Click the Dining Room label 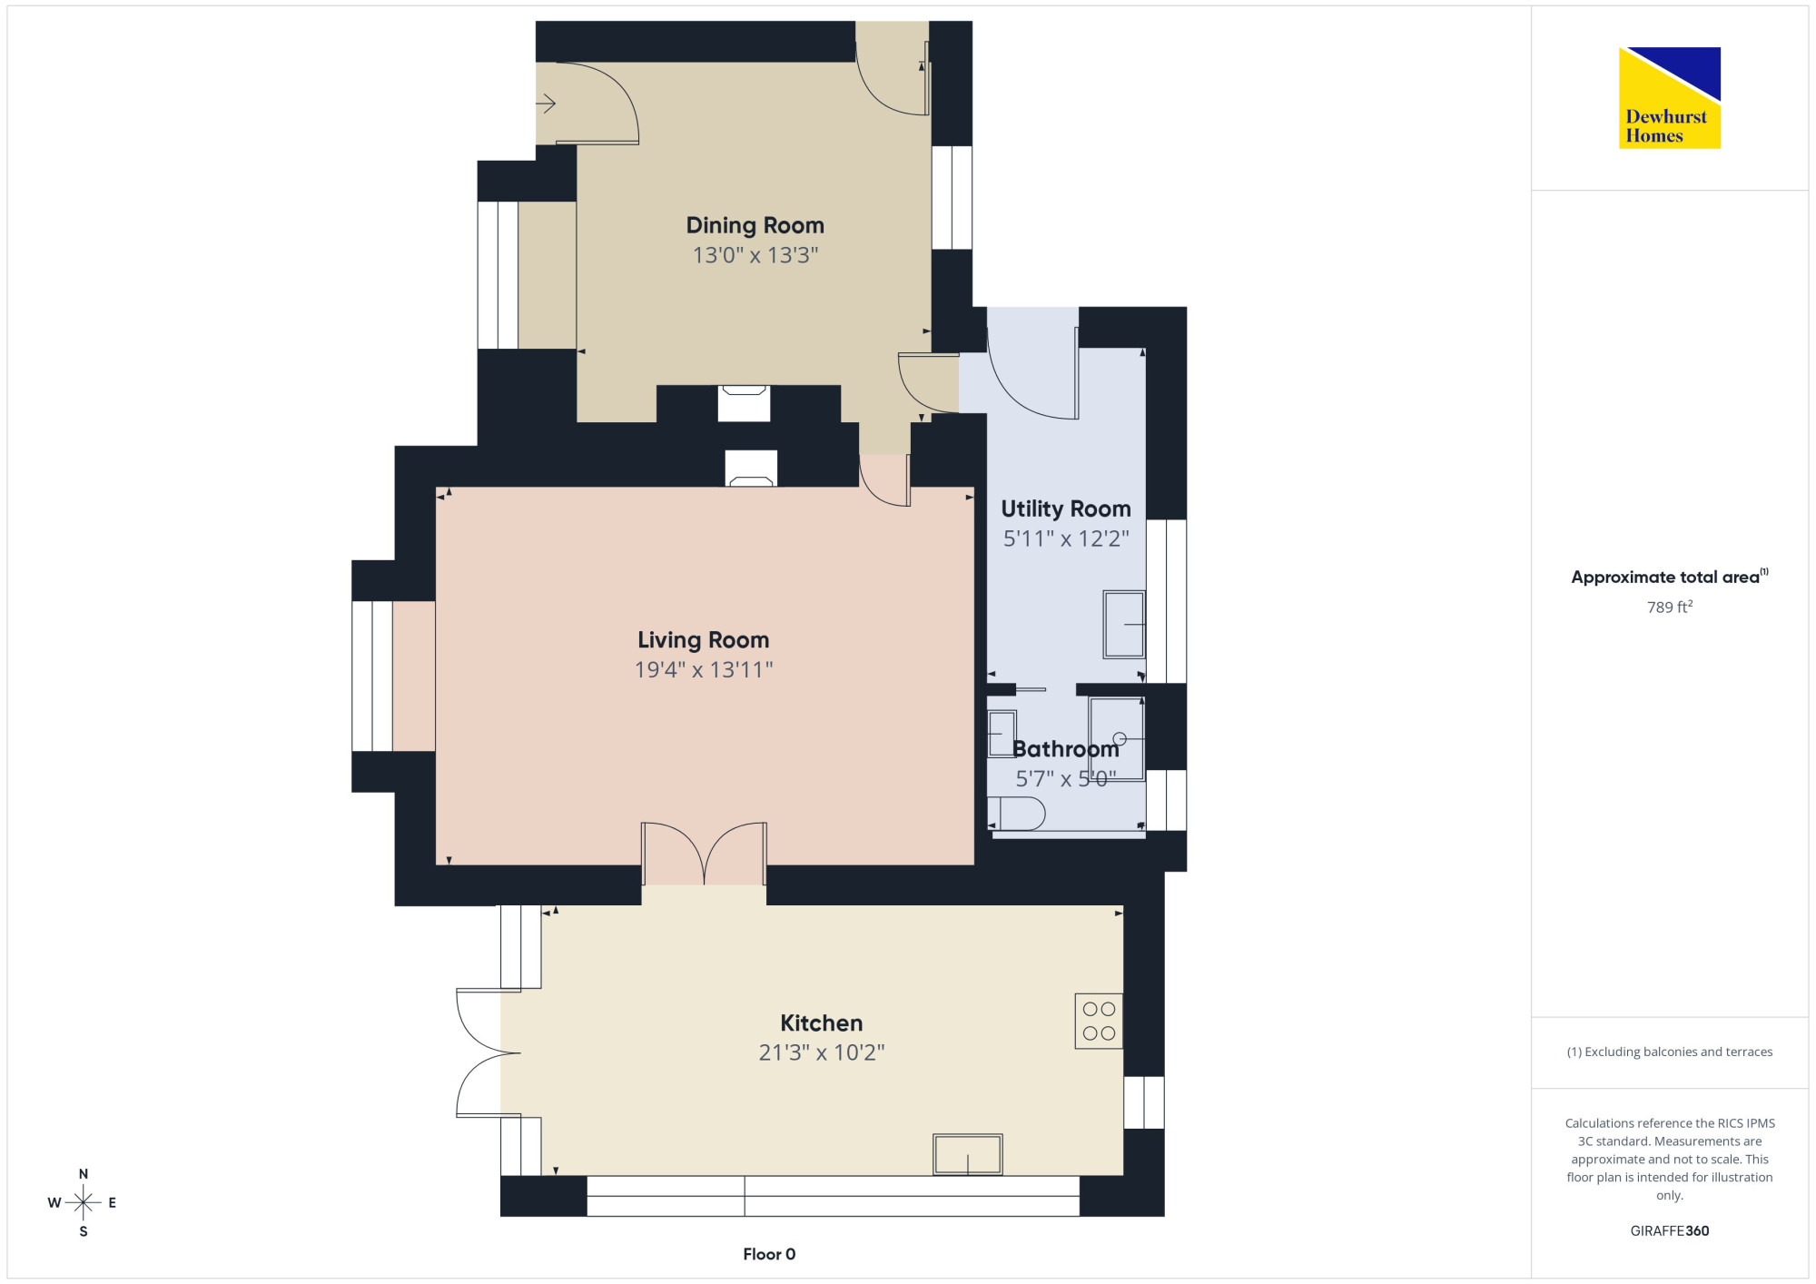click(755, 225)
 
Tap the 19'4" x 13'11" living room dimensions click(704, 670)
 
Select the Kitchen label click(822, 1023)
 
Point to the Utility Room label click(1066, 509)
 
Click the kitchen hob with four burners click(1099, 1022)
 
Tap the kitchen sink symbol click(968, 1154)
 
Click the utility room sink click(1124, 625)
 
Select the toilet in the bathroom click(1016, 814)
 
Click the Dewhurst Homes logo click(1670, 98)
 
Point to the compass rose click(83, 1203)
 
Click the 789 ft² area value click(1670, 607)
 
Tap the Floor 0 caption click(769, 1254)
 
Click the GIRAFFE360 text click(1670, 1231)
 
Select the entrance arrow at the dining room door click(546, 104)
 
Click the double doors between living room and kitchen click(704, 853)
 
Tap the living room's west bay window click(372, 677)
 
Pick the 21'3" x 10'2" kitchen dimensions click(822, 1052)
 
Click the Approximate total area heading click(1670, 577)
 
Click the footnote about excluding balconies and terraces click(1670, 1052)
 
